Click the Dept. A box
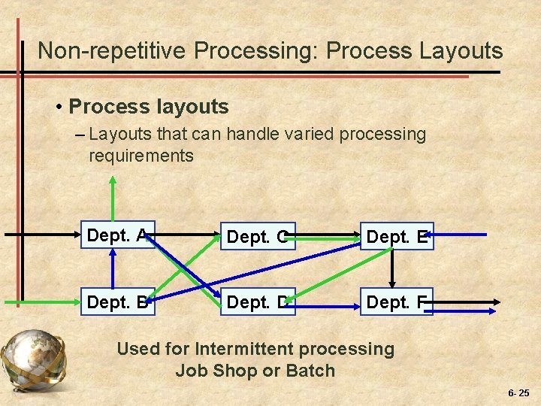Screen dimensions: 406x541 117,236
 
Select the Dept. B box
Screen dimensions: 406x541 117,301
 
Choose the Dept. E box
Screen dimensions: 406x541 397,237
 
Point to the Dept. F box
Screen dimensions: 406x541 397,301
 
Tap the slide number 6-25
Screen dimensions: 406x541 518,393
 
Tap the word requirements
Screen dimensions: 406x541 141,156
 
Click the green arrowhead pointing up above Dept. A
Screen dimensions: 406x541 113,180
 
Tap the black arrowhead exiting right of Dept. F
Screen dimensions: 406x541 497,301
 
